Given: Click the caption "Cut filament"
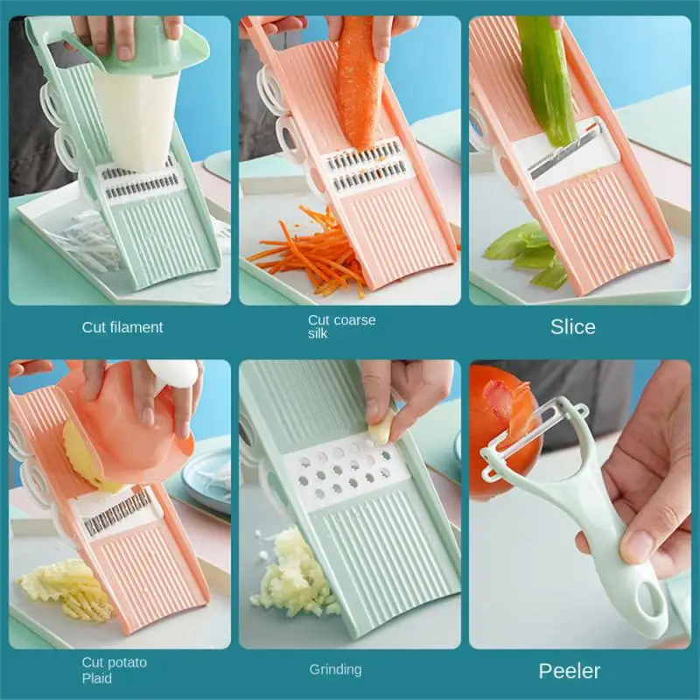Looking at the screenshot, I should pos(122,327).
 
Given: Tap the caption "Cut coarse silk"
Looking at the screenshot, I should pos(341,326).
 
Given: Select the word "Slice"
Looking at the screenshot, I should pos(573,327).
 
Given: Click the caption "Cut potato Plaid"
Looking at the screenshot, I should pos(115,669).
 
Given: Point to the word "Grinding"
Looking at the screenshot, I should pos(335,669).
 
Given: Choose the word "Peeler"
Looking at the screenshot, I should pos(570,671).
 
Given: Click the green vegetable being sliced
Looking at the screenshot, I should pos(547,79).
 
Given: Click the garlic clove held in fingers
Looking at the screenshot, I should pos(382,429).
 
